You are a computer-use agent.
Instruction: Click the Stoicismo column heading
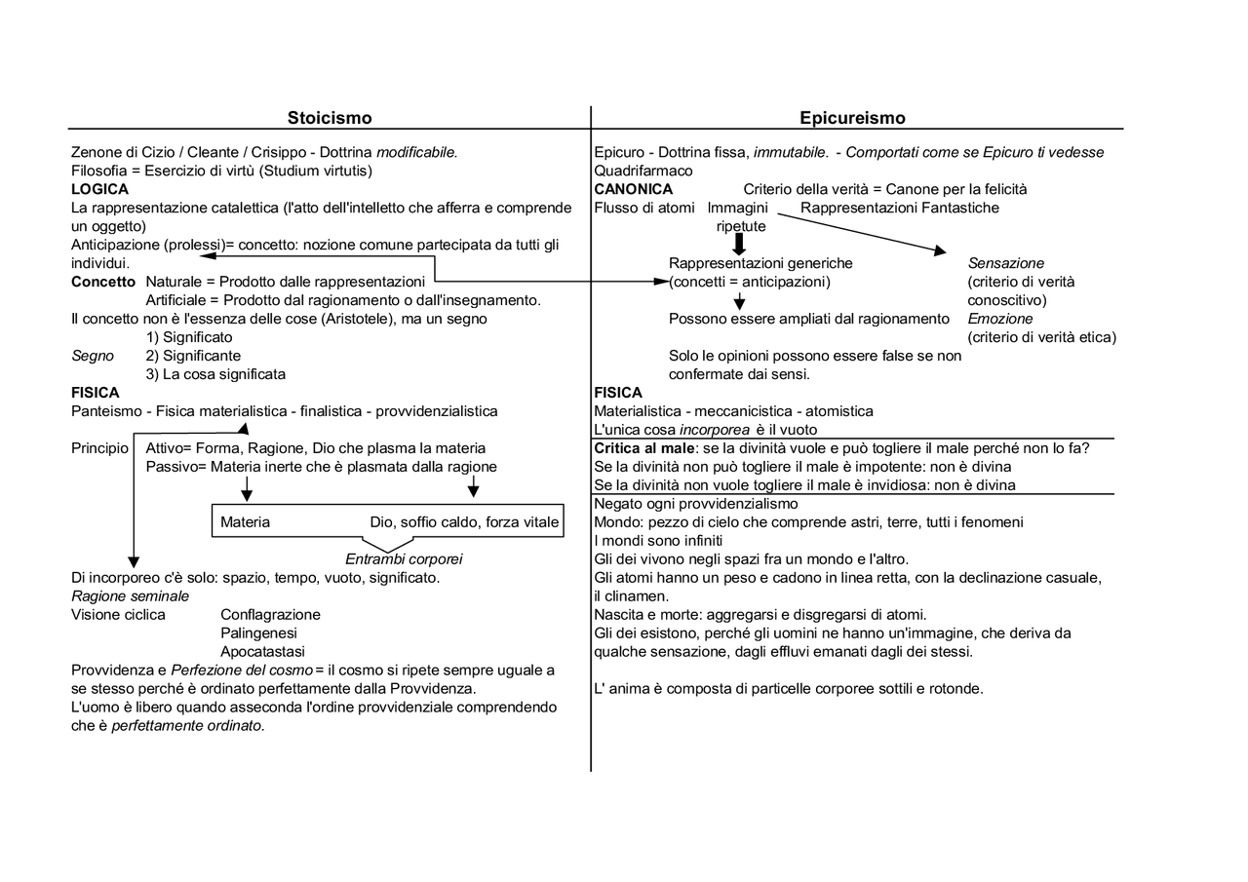(330, 118)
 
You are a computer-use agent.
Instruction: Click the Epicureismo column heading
(852, 118)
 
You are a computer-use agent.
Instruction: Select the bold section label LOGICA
(99, 189)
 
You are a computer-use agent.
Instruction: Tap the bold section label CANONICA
(633, 189)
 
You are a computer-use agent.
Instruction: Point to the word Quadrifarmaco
(643, 171)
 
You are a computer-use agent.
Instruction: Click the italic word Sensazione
(1005, 263)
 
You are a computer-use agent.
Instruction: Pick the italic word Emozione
(999, 319)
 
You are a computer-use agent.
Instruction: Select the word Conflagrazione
(270, 615)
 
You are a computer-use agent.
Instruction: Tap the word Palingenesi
(258, 633)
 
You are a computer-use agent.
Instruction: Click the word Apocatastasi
(262, 651)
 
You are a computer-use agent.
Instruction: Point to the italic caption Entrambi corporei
(404, 559)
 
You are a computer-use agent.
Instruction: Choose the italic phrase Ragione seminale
(131, 595)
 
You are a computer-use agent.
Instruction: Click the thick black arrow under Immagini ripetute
(739, 244)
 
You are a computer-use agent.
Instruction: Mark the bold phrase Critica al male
(644, 448)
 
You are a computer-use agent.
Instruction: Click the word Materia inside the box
(245, 522)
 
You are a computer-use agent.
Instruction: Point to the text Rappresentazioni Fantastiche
(899, 208)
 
